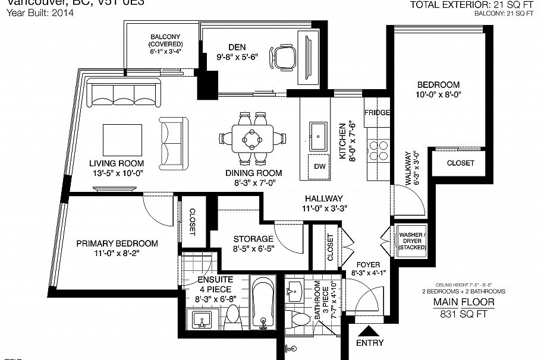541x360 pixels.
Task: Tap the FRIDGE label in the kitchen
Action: click(x=377, y=113)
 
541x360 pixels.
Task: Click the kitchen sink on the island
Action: click(x=317, y=135)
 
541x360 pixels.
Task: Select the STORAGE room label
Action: click(x=253, y=239)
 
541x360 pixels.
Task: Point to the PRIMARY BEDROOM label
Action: click(x=117, y=244)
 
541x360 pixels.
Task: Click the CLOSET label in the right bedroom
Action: click(x=460, y=163)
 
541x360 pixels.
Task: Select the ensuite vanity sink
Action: click(x=203, y=323)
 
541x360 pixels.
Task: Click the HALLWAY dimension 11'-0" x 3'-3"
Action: click(x=324, y=209)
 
